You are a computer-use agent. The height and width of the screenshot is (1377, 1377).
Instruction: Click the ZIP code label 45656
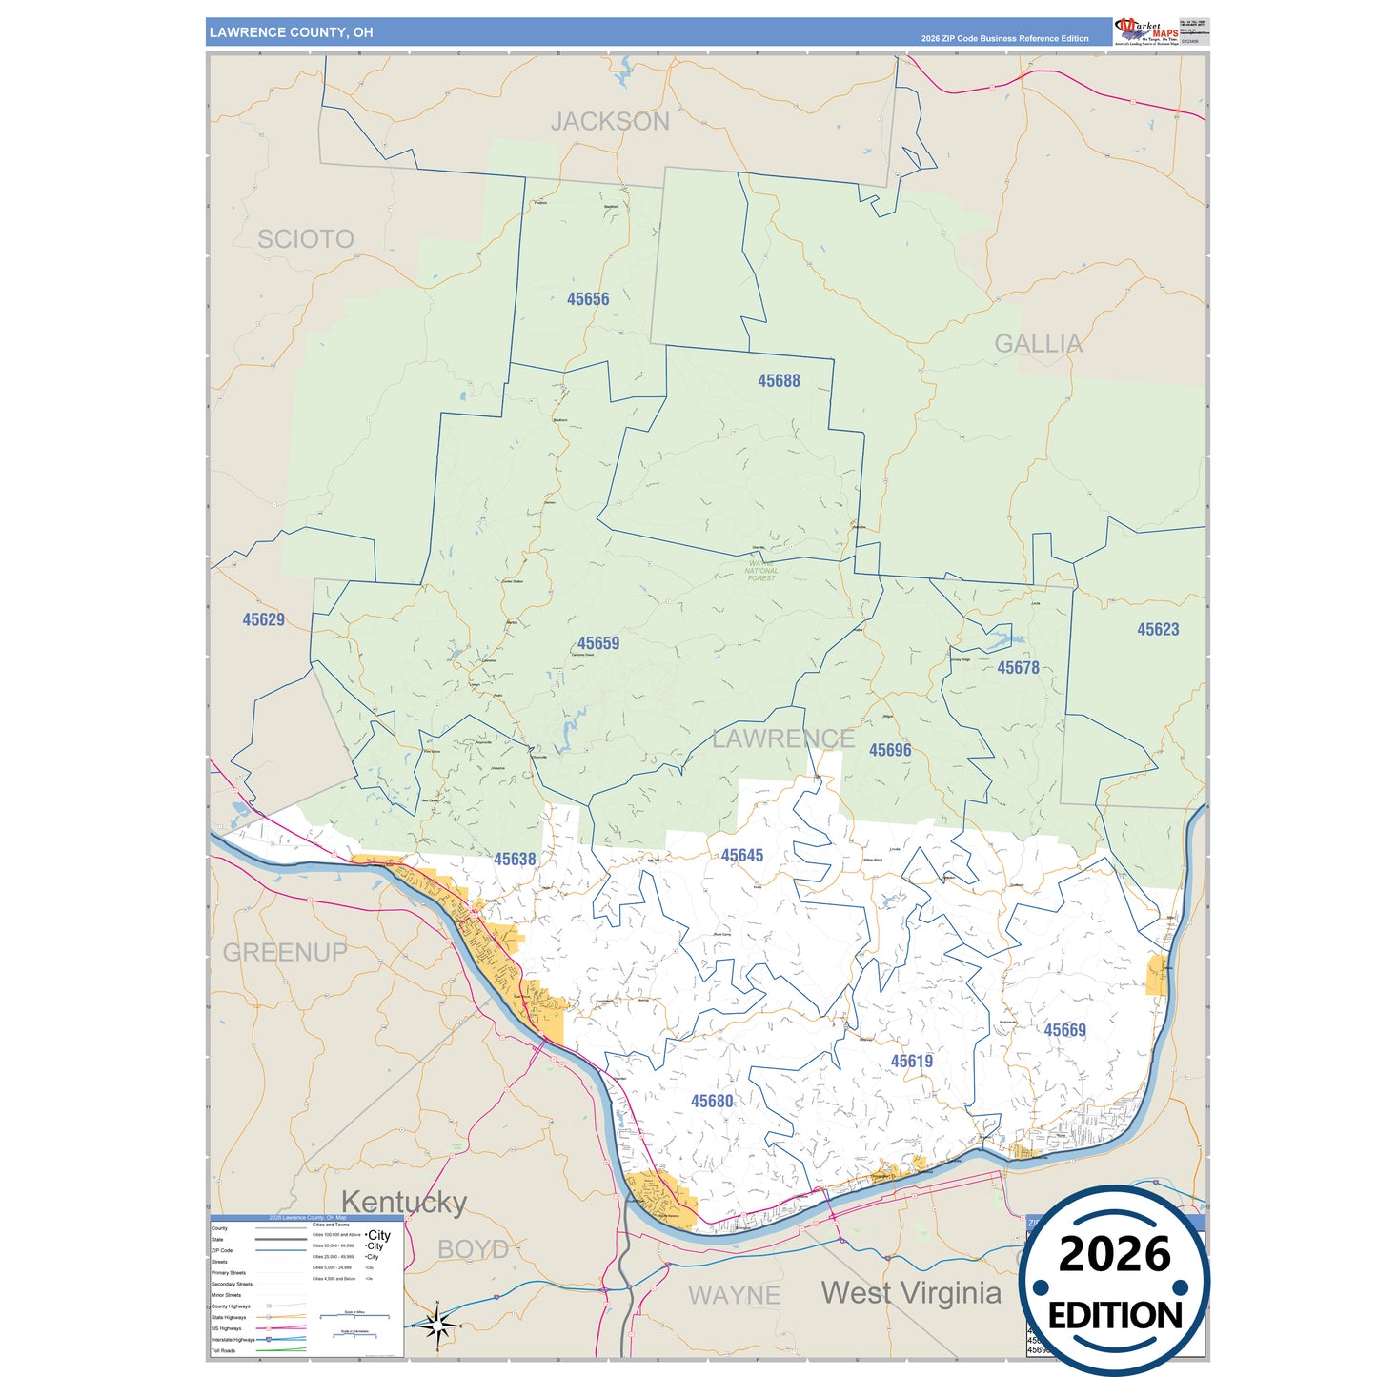coord(588,299)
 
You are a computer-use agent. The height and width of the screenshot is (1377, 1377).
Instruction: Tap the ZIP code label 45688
coord(779,381)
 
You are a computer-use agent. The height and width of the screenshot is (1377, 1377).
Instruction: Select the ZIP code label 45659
coord(598,643)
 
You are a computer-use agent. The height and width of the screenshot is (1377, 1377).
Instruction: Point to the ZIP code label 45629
coord(264,620)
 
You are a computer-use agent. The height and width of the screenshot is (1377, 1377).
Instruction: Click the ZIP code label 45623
coord(1158,630)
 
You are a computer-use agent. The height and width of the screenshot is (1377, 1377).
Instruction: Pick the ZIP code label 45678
coord(1018,668)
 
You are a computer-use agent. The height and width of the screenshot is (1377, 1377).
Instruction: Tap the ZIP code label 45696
coord(890,751)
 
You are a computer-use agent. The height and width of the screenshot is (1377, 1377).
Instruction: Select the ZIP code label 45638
coord(515,860)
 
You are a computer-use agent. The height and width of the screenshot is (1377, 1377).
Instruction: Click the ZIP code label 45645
coord(742,856)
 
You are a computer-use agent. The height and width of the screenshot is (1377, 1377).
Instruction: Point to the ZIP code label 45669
coord(1064,1030)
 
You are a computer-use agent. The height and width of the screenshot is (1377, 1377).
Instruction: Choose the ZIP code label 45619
coord(912,1062)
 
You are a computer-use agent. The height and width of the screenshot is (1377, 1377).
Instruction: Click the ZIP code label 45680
coord(712,1102)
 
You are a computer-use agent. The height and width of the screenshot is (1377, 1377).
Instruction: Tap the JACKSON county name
coord(610,122)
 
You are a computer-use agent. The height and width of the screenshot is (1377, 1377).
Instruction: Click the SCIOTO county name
coord(306,239)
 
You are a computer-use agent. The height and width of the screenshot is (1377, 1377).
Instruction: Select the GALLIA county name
coord(1039,344)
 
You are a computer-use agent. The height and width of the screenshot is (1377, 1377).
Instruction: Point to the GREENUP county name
coord(285,952)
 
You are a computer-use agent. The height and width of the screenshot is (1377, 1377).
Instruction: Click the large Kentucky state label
coord(404,1203)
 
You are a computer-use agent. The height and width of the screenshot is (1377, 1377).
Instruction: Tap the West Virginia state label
coord(911,1293)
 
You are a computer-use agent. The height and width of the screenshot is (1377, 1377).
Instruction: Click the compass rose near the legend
coord(437,1325)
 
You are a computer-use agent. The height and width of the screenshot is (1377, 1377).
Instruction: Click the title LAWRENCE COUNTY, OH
coord(292,32)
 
